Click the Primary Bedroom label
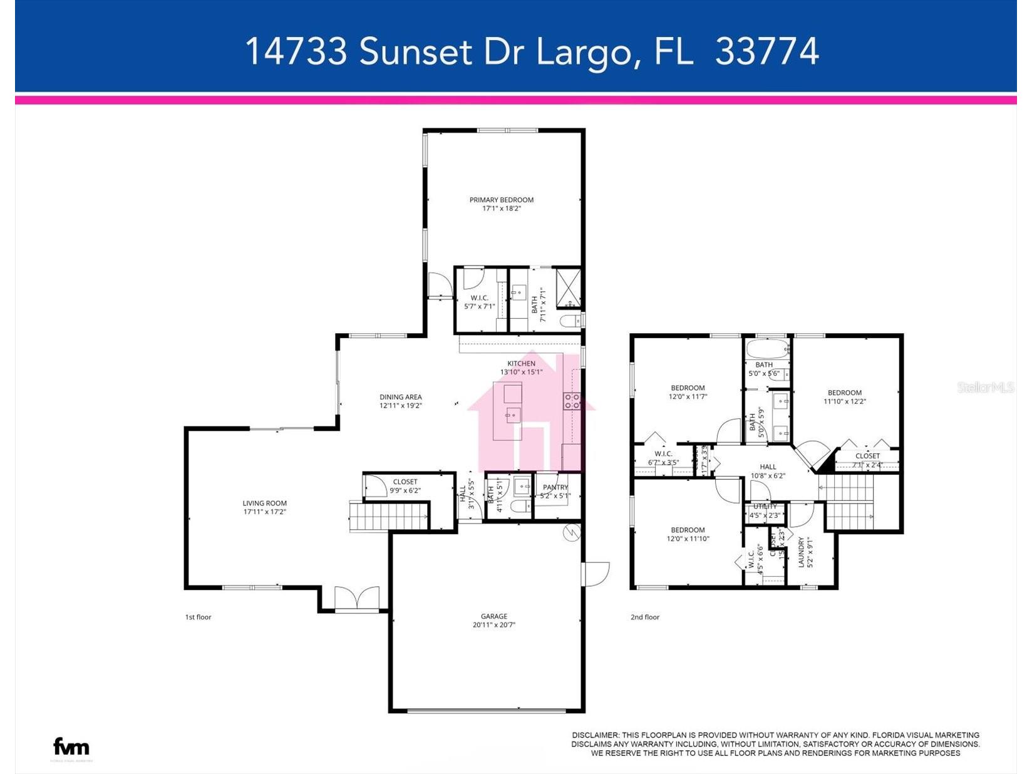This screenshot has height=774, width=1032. pos(501,200)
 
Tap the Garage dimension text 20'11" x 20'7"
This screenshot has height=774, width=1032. pos(493,625)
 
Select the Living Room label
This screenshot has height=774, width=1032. pos(264,503)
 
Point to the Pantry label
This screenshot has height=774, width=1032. pos(555,487)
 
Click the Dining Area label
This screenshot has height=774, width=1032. pos(400,396)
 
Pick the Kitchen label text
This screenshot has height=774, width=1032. pos(521,363)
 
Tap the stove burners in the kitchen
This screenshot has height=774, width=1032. pos(572,401)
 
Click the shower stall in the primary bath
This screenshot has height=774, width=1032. pos(569,286)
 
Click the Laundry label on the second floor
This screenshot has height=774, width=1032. pos(802,552)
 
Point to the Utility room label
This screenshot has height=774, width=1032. pos(765,506)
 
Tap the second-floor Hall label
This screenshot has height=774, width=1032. pos(768,467)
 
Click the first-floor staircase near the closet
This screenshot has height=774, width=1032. pos(388,517)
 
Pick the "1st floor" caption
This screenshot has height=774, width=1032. pos(198,617)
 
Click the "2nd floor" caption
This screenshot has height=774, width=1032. pos(644,617)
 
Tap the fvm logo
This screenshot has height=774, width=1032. pos(71,746)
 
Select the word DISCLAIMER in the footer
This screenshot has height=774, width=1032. pos(595,735)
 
